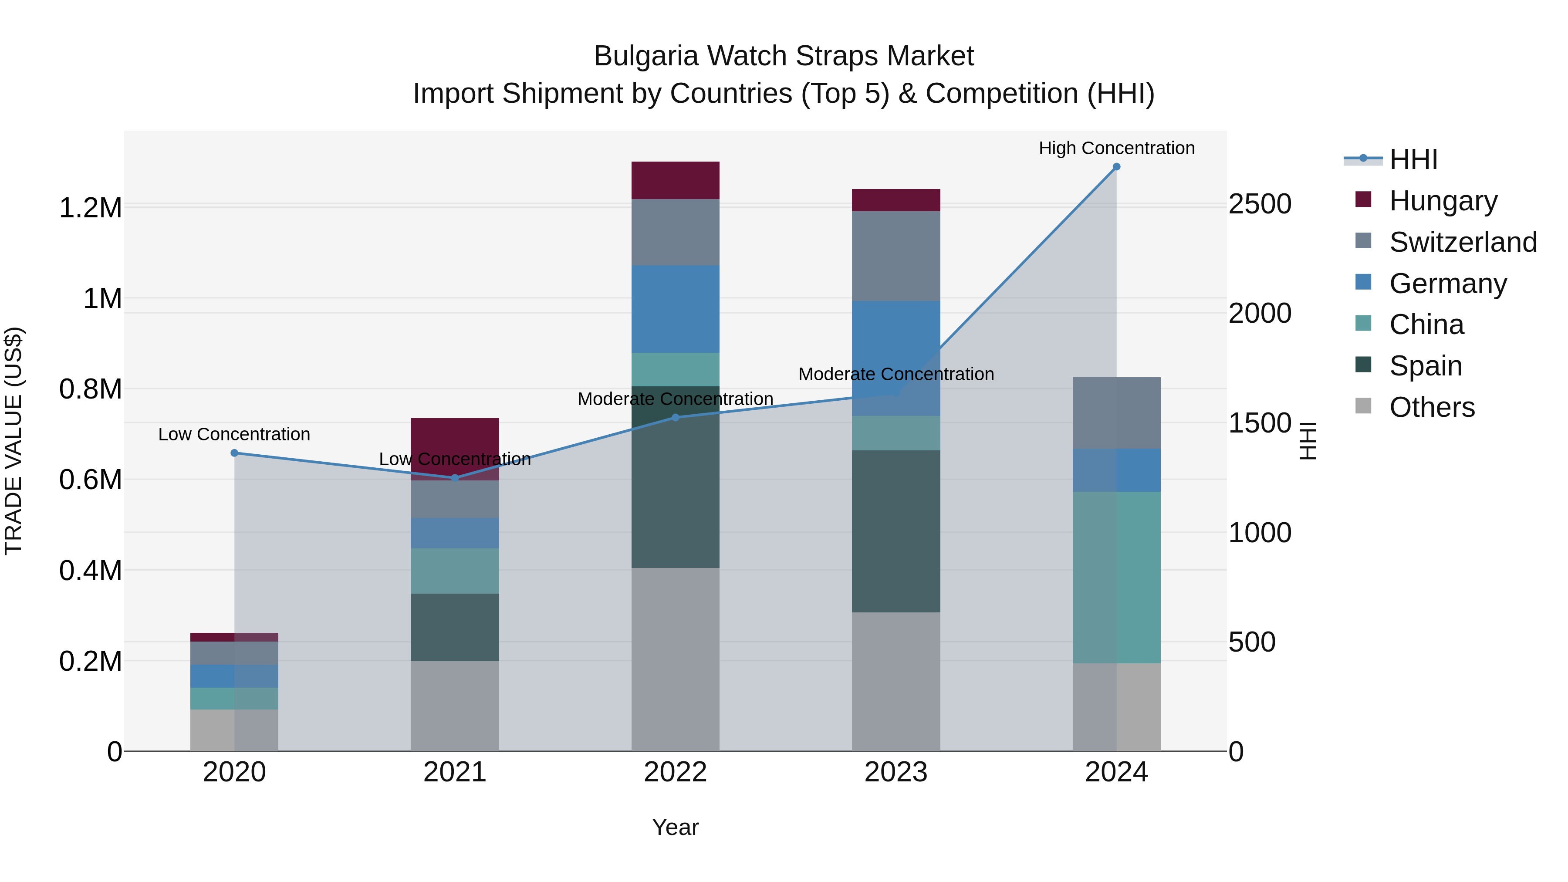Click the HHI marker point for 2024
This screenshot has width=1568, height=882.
click(1116, 167)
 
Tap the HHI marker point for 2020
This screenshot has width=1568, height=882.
click(234, 453)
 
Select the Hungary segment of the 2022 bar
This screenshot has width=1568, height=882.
click(675, 180)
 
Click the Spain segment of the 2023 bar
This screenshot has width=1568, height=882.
click(896, 531)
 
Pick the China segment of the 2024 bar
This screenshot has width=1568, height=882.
click(1116, 577)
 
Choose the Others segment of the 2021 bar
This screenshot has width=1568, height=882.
click(455, 706)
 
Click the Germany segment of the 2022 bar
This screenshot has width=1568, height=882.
click(675, 309)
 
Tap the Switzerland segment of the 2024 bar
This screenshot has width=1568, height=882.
click(1116, 413)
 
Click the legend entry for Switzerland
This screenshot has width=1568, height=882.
click(1462, 242)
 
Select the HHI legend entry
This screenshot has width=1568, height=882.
click(1412, 159)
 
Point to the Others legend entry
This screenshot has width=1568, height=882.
click(1431, 407)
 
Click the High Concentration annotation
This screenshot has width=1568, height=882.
click(1116, 149)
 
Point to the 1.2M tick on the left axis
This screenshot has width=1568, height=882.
click(90, 208)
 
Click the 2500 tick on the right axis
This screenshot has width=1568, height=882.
click(1259, 205)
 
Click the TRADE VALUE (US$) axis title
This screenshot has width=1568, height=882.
click(14, 441)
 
